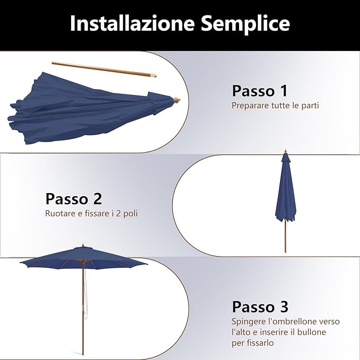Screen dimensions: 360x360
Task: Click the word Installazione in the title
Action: tap(131, 24)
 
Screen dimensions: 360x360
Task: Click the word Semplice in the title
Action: tap(245, 24)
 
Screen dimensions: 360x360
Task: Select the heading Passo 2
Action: tap(74, 199)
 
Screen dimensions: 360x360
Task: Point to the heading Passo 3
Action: tap(260, 306)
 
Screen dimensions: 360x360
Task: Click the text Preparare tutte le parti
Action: tap(275, 106)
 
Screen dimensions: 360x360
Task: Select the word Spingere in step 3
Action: tap(248, 321)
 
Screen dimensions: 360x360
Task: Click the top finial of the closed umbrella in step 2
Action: tap(285, 152)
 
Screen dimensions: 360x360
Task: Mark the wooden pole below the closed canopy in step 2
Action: tap(285, 236)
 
